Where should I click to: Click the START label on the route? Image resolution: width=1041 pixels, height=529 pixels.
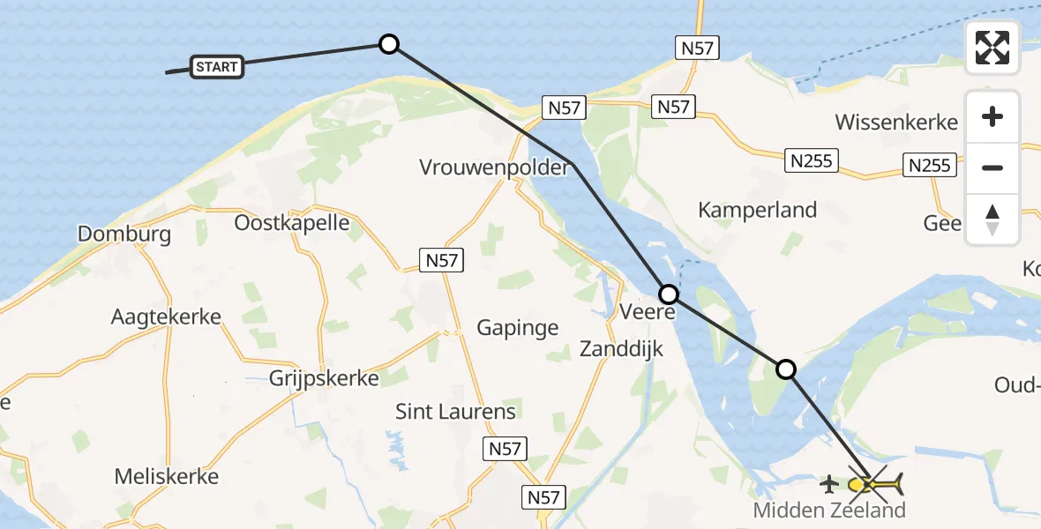point(216,66)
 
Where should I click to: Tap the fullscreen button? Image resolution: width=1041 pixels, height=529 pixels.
point(992,48)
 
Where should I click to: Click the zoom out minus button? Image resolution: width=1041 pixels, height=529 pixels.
point(992,168)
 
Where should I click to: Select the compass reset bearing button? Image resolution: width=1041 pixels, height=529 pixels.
point(992,219)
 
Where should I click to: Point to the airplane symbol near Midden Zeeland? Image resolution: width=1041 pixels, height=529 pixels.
point(829,484)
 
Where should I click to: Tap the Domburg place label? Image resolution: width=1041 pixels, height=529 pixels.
point(124,234)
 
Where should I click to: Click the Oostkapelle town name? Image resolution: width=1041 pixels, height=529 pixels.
point(291,222)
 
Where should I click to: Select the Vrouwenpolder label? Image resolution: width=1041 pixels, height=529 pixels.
point(494,167)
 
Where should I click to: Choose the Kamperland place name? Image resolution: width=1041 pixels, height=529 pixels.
point(757,210)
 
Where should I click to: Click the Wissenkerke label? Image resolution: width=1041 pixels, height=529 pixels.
point(895,122)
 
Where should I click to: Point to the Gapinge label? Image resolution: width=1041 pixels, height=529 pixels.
point(517,328)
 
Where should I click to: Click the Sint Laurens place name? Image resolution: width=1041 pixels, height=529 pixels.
point(455,411)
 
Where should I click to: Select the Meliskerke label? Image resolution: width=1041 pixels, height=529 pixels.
point(166,477)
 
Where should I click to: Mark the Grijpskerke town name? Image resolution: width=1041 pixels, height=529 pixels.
point(324,378)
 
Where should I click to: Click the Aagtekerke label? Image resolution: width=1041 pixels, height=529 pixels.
point(166,317)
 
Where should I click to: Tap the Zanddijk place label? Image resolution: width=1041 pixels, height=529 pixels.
point(621,349)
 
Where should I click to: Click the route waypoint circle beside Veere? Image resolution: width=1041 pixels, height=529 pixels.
point(669,294)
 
